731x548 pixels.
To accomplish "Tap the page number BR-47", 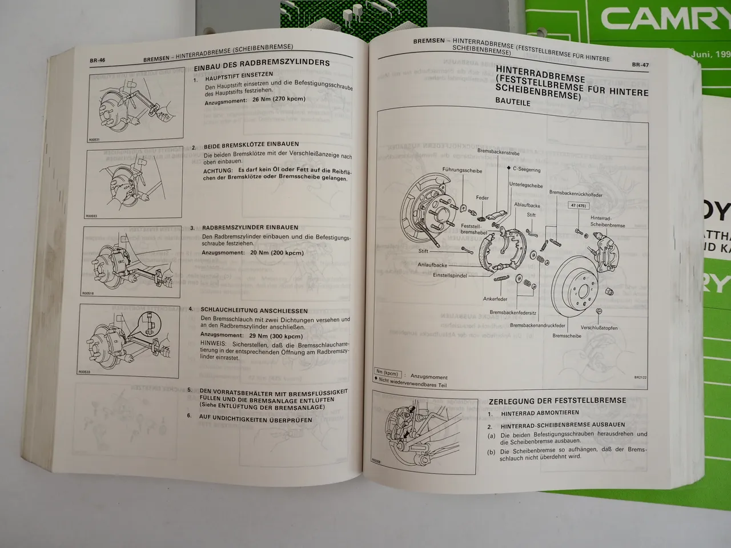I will (640, 65).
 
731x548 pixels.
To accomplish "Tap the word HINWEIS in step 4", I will (212, 344).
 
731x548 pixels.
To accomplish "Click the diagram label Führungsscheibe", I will (462, 171).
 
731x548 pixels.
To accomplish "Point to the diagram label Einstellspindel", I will (450, 276).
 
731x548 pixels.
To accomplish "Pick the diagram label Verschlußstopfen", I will (599, 328).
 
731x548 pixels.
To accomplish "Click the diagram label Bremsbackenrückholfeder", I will (576, 194).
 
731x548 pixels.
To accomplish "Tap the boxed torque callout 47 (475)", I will (579, 205).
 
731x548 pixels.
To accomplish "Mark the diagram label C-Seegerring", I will (526, 170).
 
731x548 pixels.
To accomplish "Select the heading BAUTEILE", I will (512, 103).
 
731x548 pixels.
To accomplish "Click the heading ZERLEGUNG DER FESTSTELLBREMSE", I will (557, 401).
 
